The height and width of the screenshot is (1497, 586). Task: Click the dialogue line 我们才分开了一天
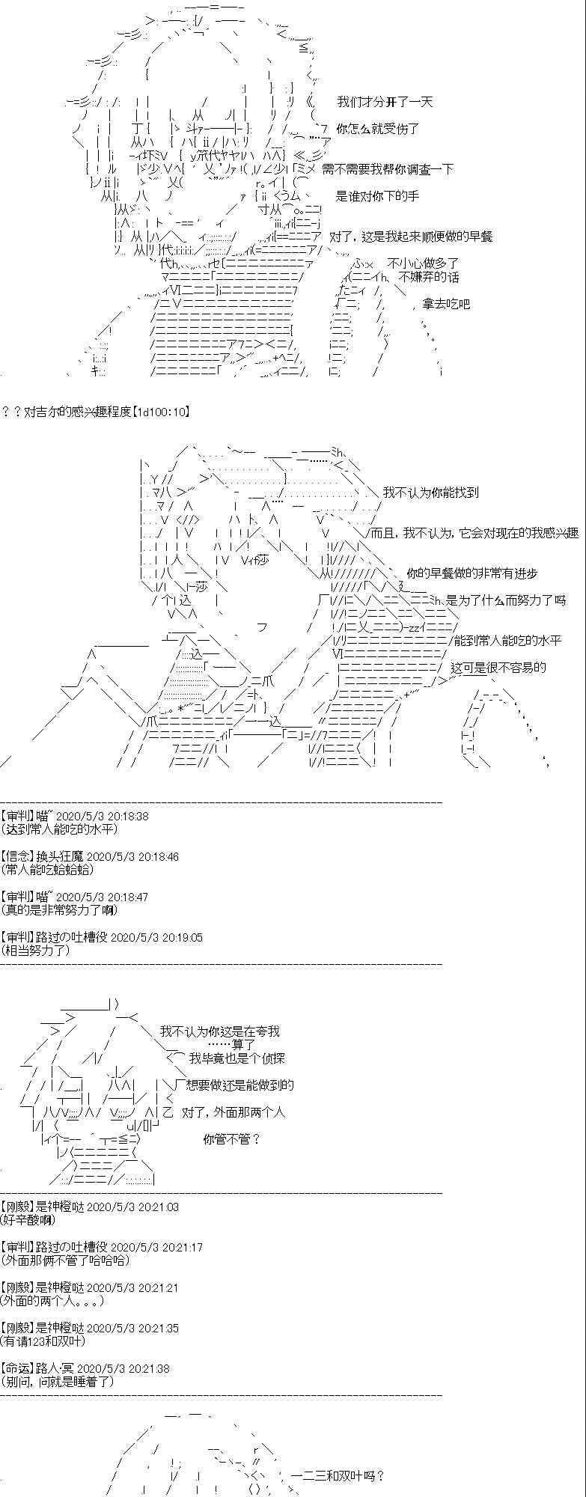pos(385,102)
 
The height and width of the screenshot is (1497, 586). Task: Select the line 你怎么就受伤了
pos(378,129)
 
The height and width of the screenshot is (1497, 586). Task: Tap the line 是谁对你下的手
pos(378,196)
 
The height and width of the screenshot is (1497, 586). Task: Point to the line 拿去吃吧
pos(446,304)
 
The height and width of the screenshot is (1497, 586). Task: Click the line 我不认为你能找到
pos(430,493)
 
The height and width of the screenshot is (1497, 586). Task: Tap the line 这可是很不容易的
pos(498,668)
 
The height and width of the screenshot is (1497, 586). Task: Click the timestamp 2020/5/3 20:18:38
pos(102,816)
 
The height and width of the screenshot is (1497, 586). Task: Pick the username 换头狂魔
pos(61,856)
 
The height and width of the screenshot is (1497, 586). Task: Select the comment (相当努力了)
pos(36,951)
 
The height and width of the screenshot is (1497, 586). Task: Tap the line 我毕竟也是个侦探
pos(237,1058)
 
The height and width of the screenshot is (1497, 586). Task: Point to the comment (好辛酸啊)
pos(28,1220)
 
